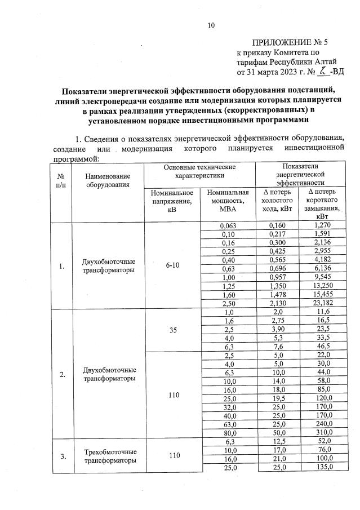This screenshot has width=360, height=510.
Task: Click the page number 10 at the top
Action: [211, 25]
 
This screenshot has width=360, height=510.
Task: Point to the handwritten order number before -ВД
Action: [322, 71]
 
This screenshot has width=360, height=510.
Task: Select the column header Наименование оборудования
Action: [108, 180]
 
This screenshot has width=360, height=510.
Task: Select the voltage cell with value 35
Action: [172, 330]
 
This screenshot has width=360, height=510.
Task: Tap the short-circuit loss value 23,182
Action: [322, 304]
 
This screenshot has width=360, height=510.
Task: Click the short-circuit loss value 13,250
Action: [322, 286]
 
